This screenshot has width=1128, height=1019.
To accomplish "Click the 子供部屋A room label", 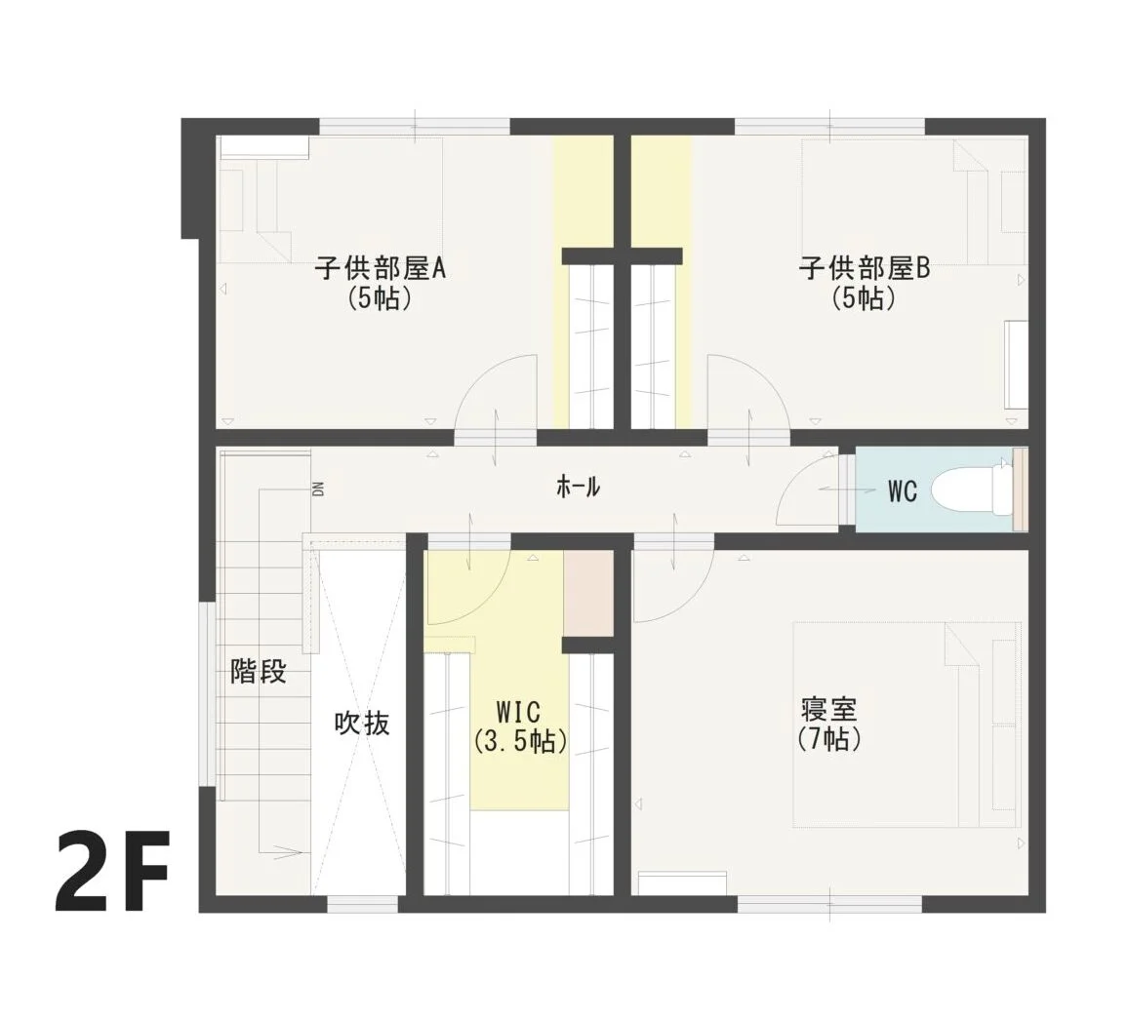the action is (x=380, y=269).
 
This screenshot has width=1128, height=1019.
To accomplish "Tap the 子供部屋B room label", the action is (x=864, y=269).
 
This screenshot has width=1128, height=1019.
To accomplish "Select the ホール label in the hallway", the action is (x=579, y=487).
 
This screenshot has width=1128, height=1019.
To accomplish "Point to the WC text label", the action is (x=903, y=491).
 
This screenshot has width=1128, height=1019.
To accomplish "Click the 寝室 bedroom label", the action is (x=828, y=709).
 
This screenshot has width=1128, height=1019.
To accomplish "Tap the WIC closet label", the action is (x=518, y=713).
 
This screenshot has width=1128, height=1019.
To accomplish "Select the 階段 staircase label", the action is (x=259, y=672).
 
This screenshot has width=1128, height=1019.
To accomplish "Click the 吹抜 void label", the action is (x=363, y=724).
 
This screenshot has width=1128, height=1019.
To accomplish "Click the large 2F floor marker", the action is (x=112, y=871).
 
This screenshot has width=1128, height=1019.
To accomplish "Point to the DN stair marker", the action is (x=318, y=489).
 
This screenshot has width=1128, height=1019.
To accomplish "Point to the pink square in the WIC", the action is (x=587, y=594).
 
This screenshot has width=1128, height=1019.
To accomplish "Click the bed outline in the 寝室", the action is (x=907, y=725).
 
